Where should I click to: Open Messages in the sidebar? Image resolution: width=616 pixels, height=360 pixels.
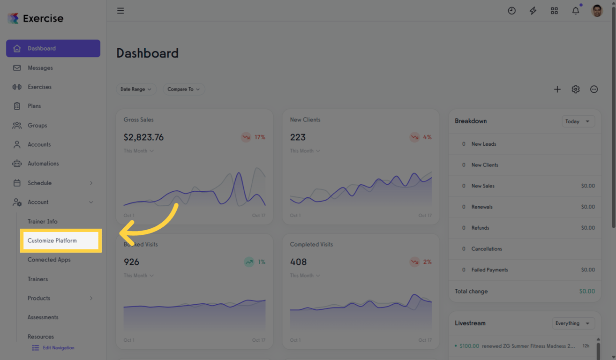tap(40, 68)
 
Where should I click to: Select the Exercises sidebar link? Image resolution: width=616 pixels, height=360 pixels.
tap(39, 87)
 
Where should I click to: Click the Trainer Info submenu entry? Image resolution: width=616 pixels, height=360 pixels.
tap(42, 221)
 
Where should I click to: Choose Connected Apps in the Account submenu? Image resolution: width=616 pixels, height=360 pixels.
tap(49, 260)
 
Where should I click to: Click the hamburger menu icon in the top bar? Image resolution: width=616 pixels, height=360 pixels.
tap(120, 10)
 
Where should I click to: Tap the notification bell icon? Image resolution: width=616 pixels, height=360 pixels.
tap(575, 10)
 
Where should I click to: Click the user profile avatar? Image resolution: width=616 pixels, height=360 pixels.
tap(597, 10)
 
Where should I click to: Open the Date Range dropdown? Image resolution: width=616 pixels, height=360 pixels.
tap(136, 89)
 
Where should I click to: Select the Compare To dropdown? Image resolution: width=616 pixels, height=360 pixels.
tap(183, 89)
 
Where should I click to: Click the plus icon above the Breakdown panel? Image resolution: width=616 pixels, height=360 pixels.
tap(557, 89)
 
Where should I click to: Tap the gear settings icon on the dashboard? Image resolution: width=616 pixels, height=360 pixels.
tap(575, 89)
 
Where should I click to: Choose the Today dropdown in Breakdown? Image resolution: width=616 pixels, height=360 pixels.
tap(578, 121)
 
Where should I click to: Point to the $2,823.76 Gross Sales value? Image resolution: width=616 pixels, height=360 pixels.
tap(143, 137)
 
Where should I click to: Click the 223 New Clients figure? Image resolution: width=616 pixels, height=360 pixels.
tap(298, 137)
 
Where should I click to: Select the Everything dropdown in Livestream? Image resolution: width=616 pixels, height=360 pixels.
tap(573, 323)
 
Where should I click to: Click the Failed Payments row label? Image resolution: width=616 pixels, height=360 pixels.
tap(489, 270)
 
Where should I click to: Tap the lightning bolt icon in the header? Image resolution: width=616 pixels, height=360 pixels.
tap(533, 10)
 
